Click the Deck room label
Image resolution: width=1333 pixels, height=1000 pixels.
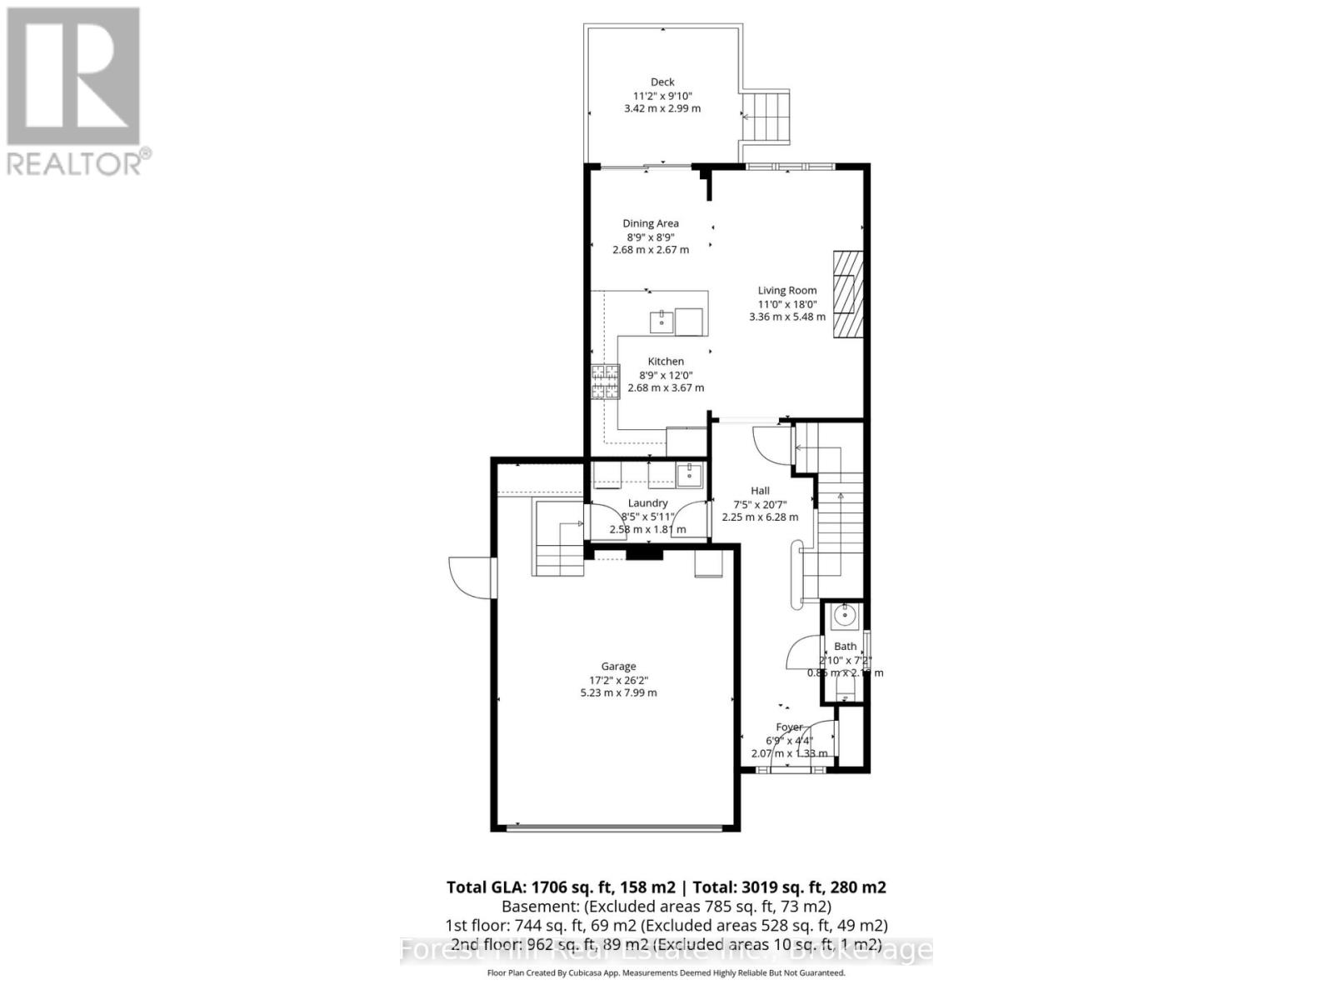pyautogui.click(x=662, y=82)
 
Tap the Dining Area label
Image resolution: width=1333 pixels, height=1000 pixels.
pyautogui.click(x=651, y=223)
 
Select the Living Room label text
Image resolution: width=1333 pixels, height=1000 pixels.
pyautogui.click(x=786, y=291)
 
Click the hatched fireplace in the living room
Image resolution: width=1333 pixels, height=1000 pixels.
pyautogui.click(x=846, y=295)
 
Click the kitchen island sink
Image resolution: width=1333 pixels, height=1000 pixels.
pyautogui.click(x=662, y=322)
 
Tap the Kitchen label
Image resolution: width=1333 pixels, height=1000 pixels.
pyautogui.click(x=666, y=362)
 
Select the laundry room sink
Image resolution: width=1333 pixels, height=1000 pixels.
pyautogui.click(x=689, y=476)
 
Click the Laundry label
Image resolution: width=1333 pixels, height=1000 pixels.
pyautogui.click(x=647, y=503)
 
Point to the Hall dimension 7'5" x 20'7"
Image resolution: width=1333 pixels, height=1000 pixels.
pyautogui.click(x=760, y=504)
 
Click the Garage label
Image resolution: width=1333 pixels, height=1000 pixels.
pyautogui.click(x=618, y=667)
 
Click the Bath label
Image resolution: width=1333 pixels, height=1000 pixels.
pyautogui.click(x=845, y=647)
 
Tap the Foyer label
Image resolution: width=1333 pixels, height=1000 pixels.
pyautogui.click(x=789, y=727)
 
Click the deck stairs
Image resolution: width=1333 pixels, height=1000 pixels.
pyautogui.click(x=766, y=117)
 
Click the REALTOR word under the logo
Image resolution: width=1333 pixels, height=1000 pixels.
pyautogui.click(x=75, y=163)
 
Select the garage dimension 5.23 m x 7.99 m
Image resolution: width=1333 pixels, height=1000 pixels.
pyautogui.click(x=618, y=692)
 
